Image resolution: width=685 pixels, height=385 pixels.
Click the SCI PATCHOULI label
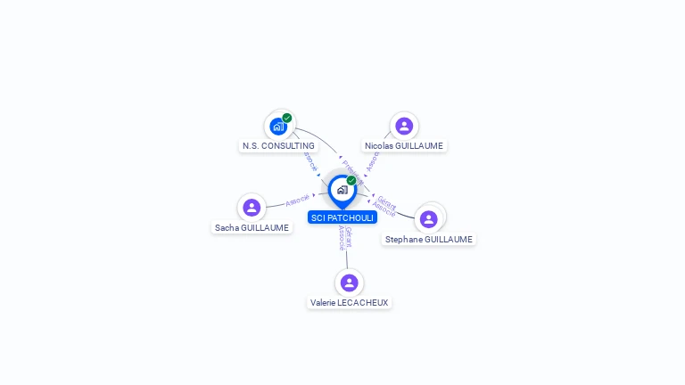pyautogui.click(x=342, y=217)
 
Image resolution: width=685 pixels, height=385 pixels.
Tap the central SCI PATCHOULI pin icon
pyautogui.click(x=342, y=190)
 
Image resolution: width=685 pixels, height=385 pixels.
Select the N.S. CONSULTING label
pyautogui.click(x=278, y=145)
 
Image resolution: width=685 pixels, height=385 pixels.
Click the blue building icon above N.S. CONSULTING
pyautogui.click(x=278, y=127)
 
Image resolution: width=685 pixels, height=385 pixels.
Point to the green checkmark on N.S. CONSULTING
pyautogui.click(x=287, y=118)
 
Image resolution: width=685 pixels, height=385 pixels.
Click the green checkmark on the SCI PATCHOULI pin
pyautogui.click(x=351, y=180)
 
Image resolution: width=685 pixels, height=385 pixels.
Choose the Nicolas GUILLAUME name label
pyautogui.click(x=404, y=145)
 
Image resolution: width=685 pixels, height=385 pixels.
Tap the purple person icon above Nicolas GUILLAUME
pyautogui.click(x=404, y=127)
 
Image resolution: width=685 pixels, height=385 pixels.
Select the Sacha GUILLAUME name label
pyautogui.click(x=252, y=227)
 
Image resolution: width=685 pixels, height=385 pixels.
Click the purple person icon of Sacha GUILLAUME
pyautogui.click(x=252, y=208)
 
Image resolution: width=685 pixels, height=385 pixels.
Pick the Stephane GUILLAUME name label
pyautogui.click(x=429, y=239)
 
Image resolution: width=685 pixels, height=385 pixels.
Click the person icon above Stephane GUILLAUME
pyautogui.click(x=429, y=219)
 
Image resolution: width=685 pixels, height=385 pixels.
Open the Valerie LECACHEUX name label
pyautogui.click(x=349, y=302)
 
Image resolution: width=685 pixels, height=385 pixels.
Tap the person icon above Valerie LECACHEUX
pyautogui.click(x=349, y=283)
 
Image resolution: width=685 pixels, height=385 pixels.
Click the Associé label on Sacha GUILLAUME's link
pyautogui.click(x=298, y=200)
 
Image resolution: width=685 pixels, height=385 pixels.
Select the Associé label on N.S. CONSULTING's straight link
pyautogui.click(x=310, y=161)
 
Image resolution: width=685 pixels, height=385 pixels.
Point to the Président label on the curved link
pyautogui.click(x=353, y=168)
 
